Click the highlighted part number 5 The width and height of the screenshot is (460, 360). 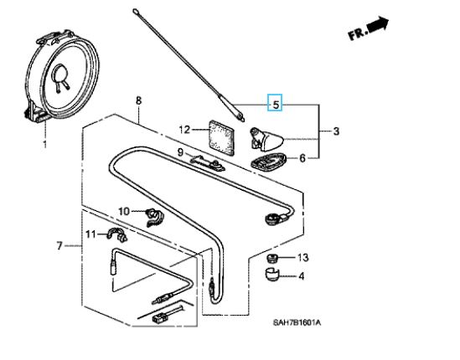click(x=275, y=103)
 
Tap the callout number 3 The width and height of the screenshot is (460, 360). click(x=336, y=131)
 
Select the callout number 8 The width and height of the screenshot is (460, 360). click(x=138, y=100)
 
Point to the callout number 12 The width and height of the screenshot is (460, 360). click(x=184, y=129)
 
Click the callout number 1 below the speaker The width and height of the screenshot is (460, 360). click(x=44, y=144)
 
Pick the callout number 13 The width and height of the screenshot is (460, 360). click(x=302, y=257)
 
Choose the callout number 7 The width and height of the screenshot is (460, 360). click(x=59, y=245)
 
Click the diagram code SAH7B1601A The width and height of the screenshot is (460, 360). click(x=297, y=323)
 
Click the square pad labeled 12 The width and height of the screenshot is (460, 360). click(x=222, y=137)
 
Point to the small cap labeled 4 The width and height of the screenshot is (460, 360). click(x=272, y=275)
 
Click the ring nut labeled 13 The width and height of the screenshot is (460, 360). click(x=272, y=259)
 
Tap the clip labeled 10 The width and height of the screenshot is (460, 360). click(x=154, y=217)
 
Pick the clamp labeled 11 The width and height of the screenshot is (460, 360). click(x=116, y=234)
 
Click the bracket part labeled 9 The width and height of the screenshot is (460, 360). click(x=207, y=163)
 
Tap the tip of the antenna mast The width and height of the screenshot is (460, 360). click(x=135, y=11)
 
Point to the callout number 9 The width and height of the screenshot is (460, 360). click(x=180, y=152)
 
